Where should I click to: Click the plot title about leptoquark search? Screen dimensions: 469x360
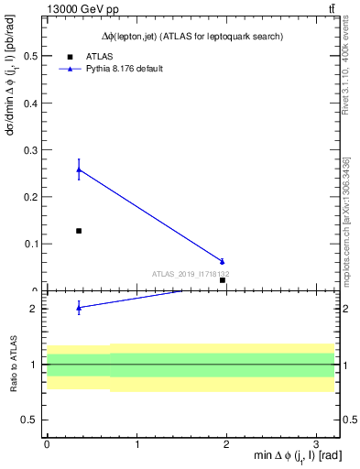tap(191, 36)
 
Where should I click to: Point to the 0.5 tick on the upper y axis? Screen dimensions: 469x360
tap(32, 57)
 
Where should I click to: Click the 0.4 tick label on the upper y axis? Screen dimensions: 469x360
tap(32, 104)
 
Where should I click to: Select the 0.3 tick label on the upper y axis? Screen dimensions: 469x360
tap(32, 150)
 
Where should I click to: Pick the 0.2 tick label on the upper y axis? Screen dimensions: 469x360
tap(32, 197)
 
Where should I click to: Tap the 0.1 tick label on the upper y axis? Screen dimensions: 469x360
tap(32, 244)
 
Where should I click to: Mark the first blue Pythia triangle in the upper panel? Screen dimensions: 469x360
tap(79, 169)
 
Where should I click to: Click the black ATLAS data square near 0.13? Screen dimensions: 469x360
tap(79, 231)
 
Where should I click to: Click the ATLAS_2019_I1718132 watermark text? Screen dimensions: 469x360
tap(191, 274)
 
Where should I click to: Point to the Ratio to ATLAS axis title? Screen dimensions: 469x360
tap(15, 364)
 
